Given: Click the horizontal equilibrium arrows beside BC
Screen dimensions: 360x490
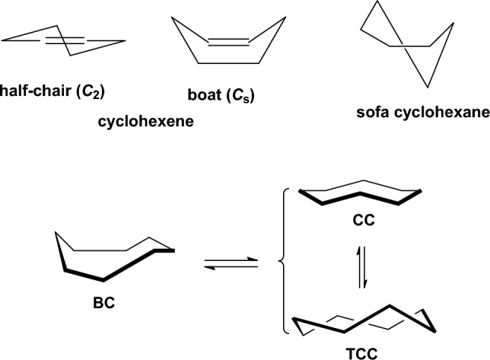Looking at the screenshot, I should [229, 264].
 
